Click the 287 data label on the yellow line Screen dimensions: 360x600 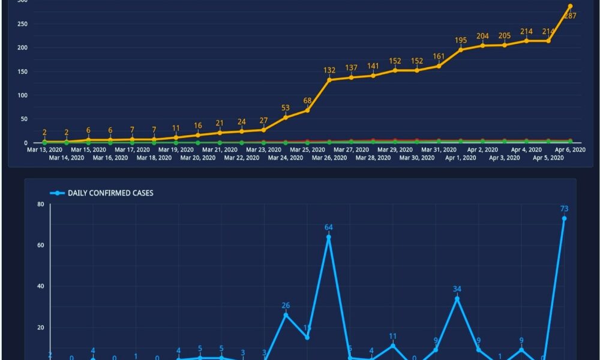coord(570,16)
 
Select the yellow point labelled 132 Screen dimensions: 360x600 coord(329,80)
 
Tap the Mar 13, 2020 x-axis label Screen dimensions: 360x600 coord(45,149)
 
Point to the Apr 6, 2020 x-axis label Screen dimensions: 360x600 coord(570,149)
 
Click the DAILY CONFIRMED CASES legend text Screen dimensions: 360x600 coord(102,193)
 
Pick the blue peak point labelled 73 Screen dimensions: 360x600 coord(564,218)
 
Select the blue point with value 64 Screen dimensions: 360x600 coord(328,237)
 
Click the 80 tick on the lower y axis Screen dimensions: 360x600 coord(40,204)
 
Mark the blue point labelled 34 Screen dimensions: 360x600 coord(457,298)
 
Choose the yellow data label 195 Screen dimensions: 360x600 coord(461,40)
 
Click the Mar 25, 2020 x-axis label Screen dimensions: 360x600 coord(308,149)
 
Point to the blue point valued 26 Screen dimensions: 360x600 coord(286,315)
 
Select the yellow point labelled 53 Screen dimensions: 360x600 coord(286,117)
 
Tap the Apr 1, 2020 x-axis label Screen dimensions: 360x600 coord(461,158)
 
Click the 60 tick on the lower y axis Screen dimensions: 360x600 coord(40,245)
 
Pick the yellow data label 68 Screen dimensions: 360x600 coord(308,100)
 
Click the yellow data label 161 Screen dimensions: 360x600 coord(439,56)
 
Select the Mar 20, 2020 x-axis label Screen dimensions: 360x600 coord(198,158)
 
